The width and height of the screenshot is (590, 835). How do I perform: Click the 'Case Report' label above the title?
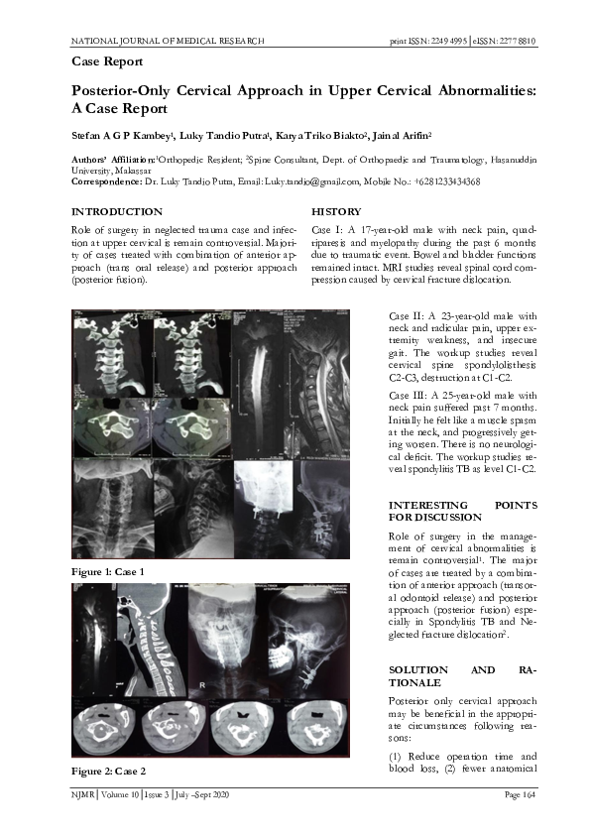tap(108, 62)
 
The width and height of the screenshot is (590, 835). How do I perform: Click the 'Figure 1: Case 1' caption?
tap(109, 573)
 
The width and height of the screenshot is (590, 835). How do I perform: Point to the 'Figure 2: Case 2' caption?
tap(109, 772)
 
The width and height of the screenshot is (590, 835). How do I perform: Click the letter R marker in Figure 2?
tap(202, 685)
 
